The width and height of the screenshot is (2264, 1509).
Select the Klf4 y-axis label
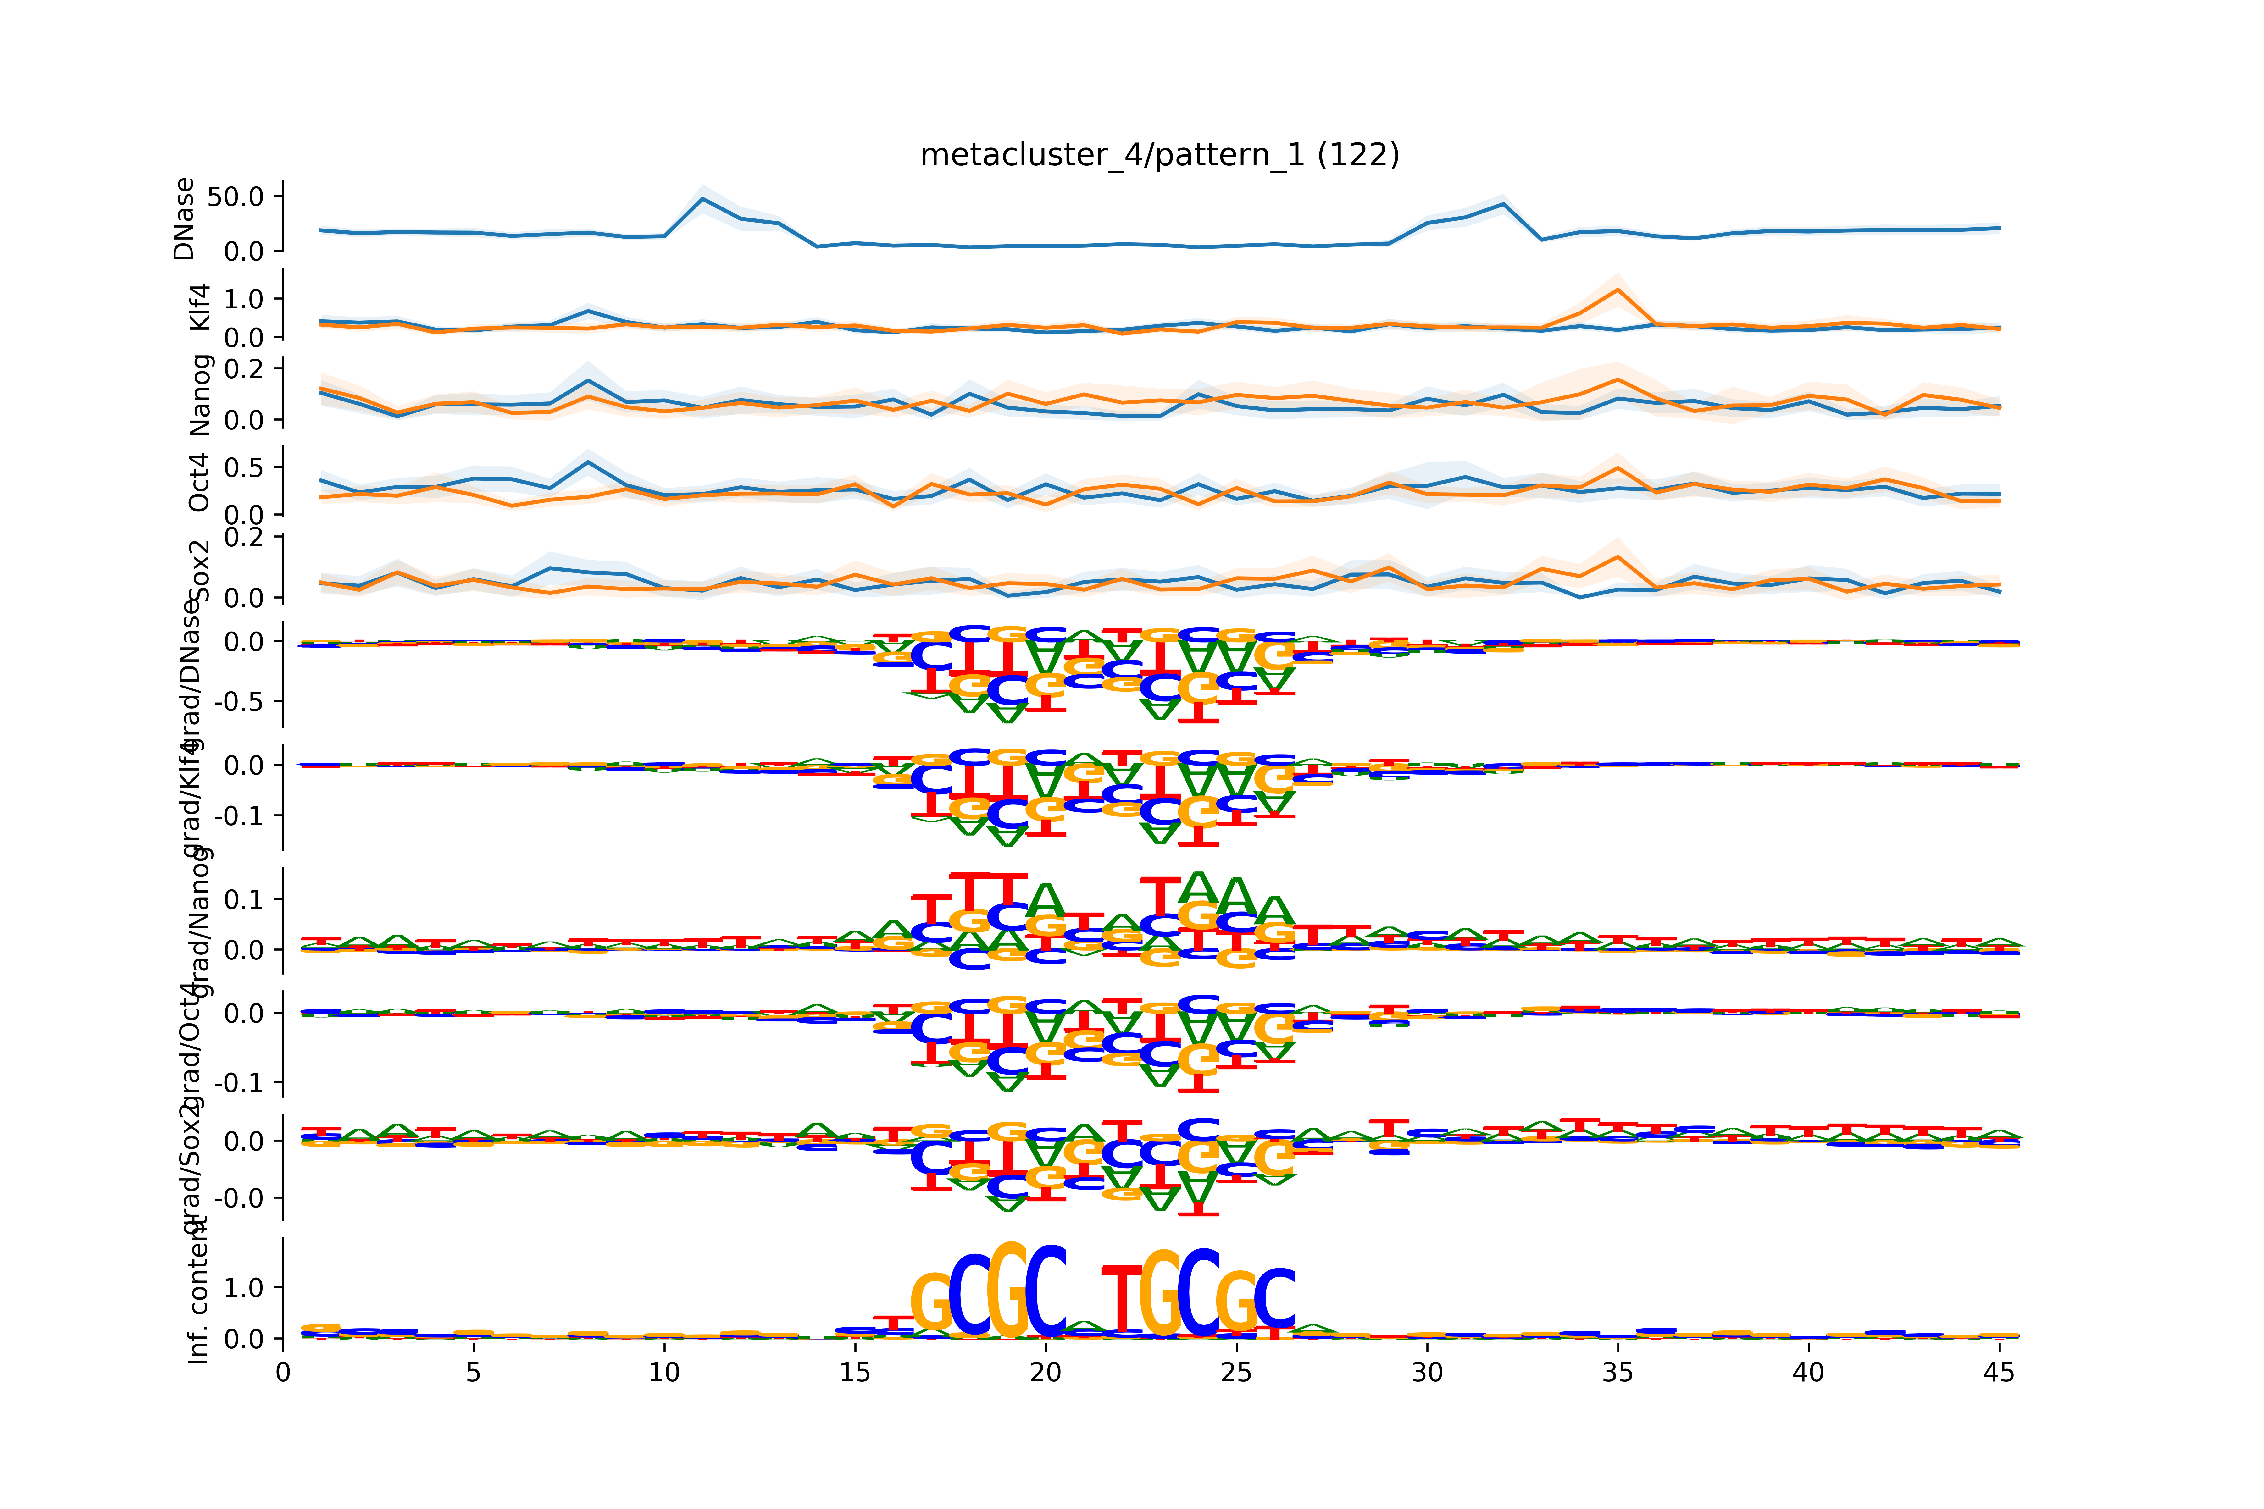tap(199, 307)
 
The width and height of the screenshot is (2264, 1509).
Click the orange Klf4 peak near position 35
tap(1617, 290)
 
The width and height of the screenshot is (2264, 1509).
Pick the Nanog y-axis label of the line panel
tap(199, 395)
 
